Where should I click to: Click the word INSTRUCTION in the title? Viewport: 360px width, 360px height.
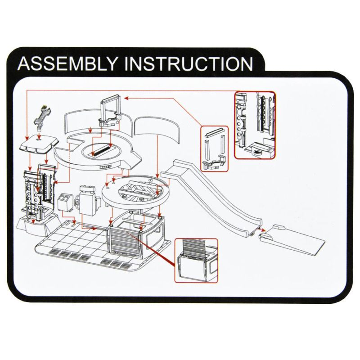point(189,63)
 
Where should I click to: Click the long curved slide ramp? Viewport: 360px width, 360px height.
point(213,198)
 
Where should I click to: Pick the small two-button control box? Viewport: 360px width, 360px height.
point(65,201)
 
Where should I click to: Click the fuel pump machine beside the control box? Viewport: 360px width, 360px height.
point(88,200)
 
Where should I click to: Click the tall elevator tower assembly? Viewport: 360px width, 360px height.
point(39,195)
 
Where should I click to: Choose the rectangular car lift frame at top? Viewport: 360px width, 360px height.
point(111,111)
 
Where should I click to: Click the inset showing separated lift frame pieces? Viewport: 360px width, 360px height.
point(215,149)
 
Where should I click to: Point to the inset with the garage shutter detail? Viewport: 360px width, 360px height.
point(196,261)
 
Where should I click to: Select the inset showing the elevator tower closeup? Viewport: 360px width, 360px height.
point(255,125)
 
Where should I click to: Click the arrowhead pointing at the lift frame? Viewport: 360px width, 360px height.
point(126,98)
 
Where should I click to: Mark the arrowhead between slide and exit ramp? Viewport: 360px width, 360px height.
point(264,230)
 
